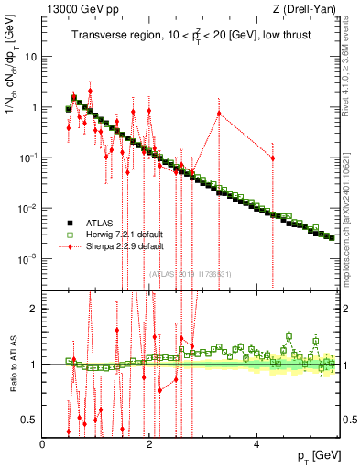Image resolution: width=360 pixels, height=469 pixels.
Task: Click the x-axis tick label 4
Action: [x=256, y=443]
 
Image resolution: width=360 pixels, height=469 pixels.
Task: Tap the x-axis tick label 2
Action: [x=149, y=443]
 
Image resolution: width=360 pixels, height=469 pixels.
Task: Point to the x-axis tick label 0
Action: [x=43, y=443]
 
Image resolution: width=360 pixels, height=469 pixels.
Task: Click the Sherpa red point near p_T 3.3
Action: [x=219, y=114]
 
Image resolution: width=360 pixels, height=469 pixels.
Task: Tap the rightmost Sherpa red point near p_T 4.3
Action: [x=272, y=158]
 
